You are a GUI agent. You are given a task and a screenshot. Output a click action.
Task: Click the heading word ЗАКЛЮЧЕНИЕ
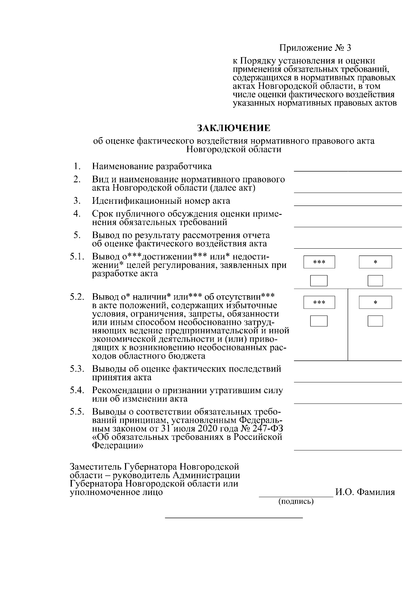point(234,128)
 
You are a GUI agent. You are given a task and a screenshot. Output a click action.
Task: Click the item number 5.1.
point(77,257)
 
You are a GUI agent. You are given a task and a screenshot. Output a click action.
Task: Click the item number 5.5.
point(77,412)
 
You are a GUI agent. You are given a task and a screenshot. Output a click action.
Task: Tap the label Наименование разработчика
point(152,166)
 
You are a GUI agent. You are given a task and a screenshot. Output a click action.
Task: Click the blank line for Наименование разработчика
point(348,170)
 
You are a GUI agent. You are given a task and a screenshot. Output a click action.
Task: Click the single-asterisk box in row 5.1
point(375,262)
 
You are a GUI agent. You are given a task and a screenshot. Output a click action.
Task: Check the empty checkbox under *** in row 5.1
point(319,280)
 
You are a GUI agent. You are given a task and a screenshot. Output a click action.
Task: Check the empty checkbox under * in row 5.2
point(375,321)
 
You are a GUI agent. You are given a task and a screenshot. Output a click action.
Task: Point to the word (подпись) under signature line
point(296,501)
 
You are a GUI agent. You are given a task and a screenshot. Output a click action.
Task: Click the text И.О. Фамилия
point(365,492)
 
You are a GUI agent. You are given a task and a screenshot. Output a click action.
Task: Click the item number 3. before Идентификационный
point(77,201)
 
